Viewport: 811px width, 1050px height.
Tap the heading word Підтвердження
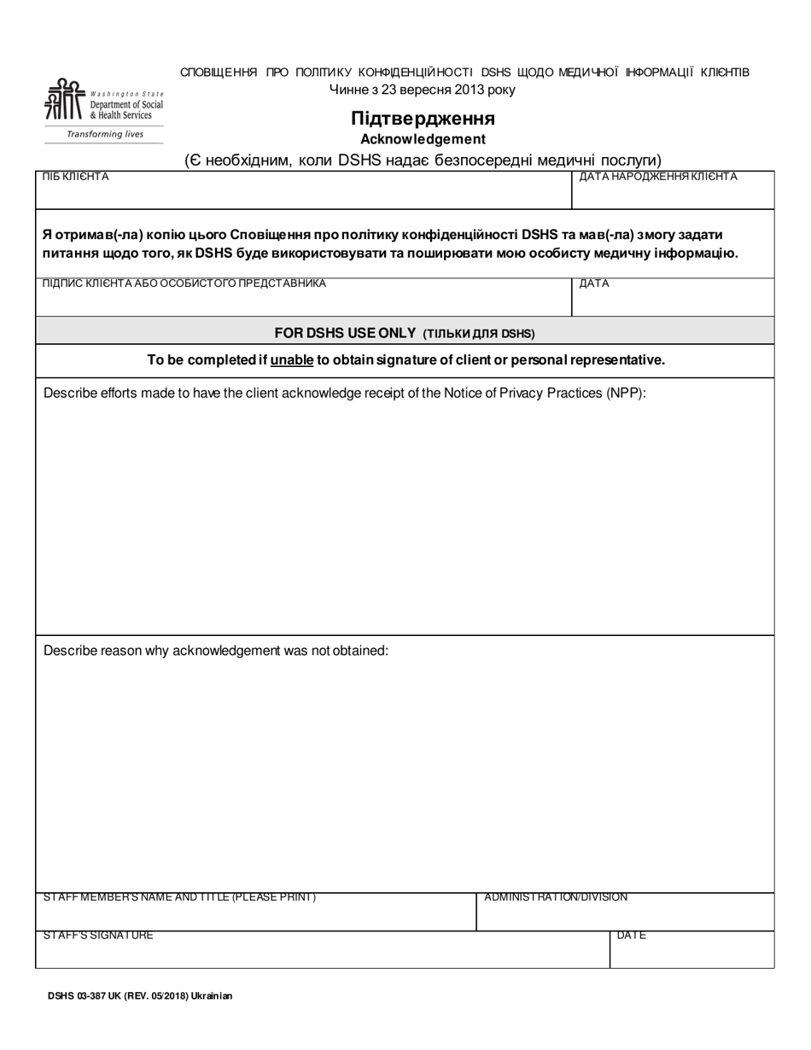pyautogui.click(x=423, y=118)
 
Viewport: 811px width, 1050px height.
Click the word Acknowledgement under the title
pyautogui.click(x=423, y=139)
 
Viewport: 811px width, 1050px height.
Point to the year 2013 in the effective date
pyautogui.click(x=470, y=90)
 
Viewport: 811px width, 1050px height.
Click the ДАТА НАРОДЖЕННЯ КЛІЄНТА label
pyautogui.click(x=658, y=177)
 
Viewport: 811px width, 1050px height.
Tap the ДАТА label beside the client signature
pyautogui.click(x=594, y=283)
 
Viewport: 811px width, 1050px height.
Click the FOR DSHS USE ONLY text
pyautogui.click(x=345, y=333)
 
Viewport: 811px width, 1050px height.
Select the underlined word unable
pyautogui.click(x=292, y=360)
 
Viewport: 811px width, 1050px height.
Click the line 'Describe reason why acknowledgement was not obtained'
pyautogui.click(x=216, y=650)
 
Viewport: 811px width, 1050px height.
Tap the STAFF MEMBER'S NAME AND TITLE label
pyautogui.click(x=179, y=897)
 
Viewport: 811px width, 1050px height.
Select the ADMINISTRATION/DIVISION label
pyautogui.click(x=556, y=897)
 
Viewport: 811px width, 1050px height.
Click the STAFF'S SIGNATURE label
pyautogui.click(x=98, y=936)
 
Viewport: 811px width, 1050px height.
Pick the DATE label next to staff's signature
pyautogui.click(x=631, y=936)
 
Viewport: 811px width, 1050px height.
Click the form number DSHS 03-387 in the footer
pyautogui.click(x=84, y=995)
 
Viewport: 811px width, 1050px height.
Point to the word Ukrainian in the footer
pyautogui.click(x=212, y=995)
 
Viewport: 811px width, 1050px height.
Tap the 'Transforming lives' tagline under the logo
pyautogui.click(x=105, y=134)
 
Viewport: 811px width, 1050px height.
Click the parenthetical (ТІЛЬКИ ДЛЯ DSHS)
pyautogui.click(x=479, y=334)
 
